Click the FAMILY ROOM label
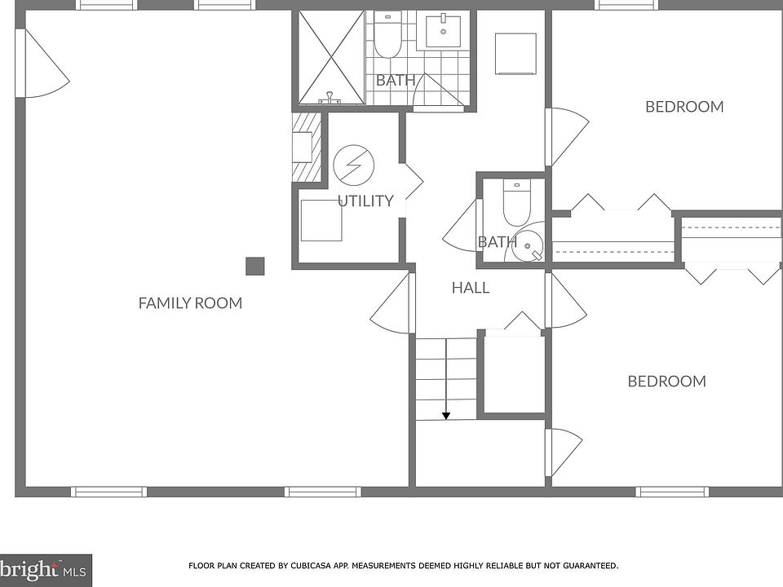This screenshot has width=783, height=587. pos(190,303)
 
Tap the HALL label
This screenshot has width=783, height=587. pos(471,288)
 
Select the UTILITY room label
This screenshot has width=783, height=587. pos(365,201)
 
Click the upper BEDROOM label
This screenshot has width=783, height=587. pos(684,106)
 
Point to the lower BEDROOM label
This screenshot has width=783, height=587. pos(666,382)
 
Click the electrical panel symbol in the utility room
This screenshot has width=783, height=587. pos(353,165)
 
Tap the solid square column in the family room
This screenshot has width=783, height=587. pos(254,266)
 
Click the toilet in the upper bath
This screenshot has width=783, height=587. pos(388,34)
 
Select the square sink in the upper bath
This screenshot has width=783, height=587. pos(442,30)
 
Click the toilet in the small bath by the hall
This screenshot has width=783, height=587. pos(516,203)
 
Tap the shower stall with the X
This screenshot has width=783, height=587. pos(332,57)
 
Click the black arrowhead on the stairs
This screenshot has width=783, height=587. pos(446,416)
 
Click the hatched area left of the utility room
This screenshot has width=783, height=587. pos(306,148)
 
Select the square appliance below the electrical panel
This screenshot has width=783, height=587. pos(321,220)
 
